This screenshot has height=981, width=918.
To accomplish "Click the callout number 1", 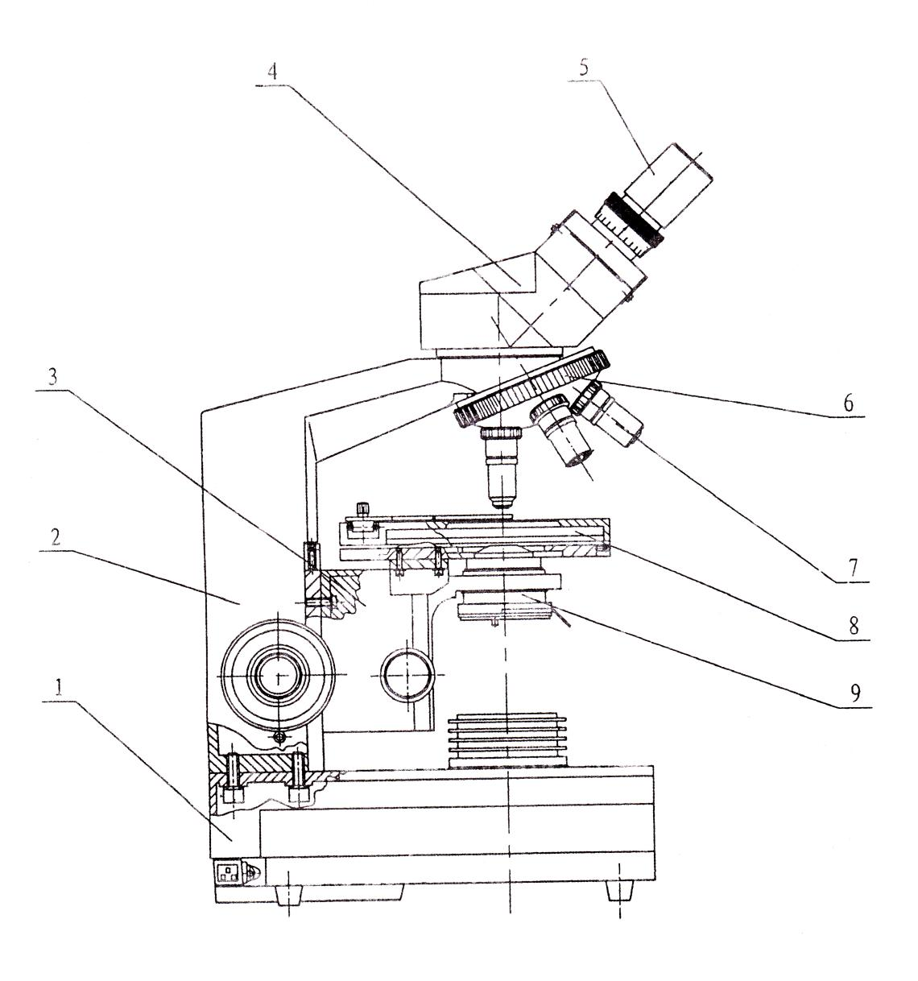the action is (x=60, y=688).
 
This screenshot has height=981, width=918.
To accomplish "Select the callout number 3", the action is (x=52, y=377).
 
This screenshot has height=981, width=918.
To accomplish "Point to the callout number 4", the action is (x=271, y=72).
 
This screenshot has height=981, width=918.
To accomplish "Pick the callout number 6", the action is (x=848, y=403).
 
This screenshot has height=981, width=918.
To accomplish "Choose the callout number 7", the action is (x=854, y=568).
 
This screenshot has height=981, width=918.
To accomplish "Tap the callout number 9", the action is (x=854, y=693).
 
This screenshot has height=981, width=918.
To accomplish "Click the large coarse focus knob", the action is (x=278, y=675).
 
